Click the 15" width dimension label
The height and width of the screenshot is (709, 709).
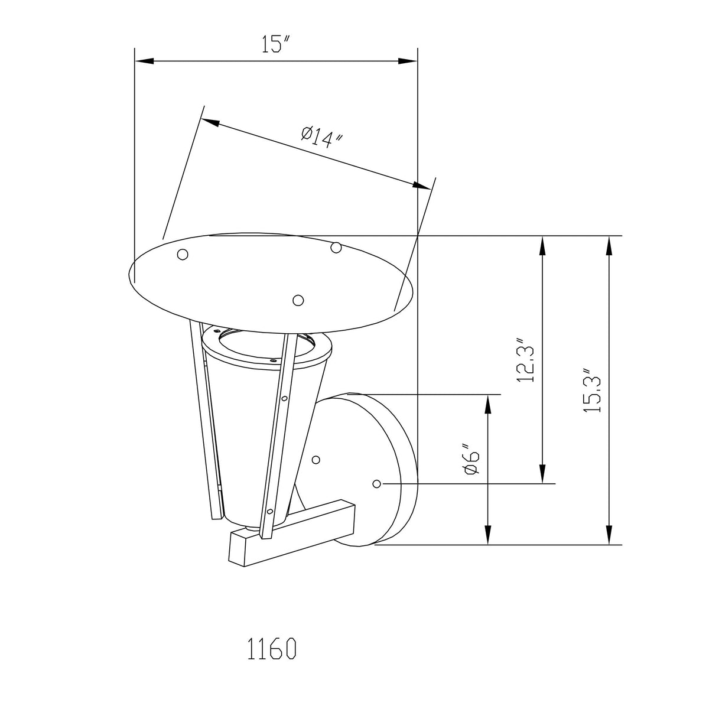pyautogui.click(x=277, y=44)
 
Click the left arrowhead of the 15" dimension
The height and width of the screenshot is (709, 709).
pyautogui.click(x=144, y=61)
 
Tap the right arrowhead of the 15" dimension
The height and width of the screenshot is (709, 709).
pyautogui.click(x=408, y=61)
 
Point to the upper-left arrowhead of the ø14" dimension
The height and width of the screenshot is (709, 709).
pyautogui.click(x=210, y=123)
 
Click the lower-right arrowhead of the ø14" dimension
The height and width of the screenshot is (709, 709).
pyautogui.click(x=421, y=186)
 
